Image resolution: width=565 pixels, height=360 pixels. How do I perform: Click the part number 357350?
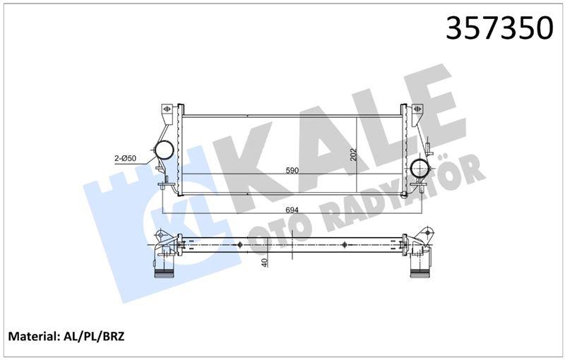click(499, 28)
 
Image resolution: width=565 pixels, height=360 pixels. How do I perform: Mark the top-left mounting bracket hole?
click(168, 110)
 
